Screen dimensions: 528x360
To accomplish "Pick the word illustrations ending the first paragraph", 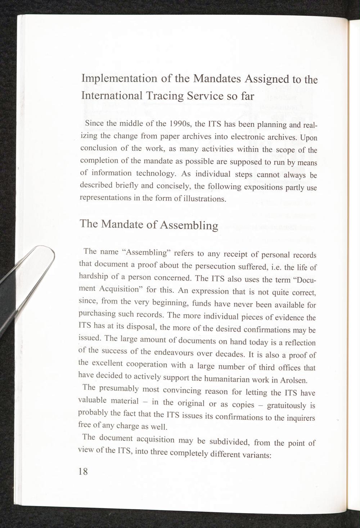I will (x=203, y=199).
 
